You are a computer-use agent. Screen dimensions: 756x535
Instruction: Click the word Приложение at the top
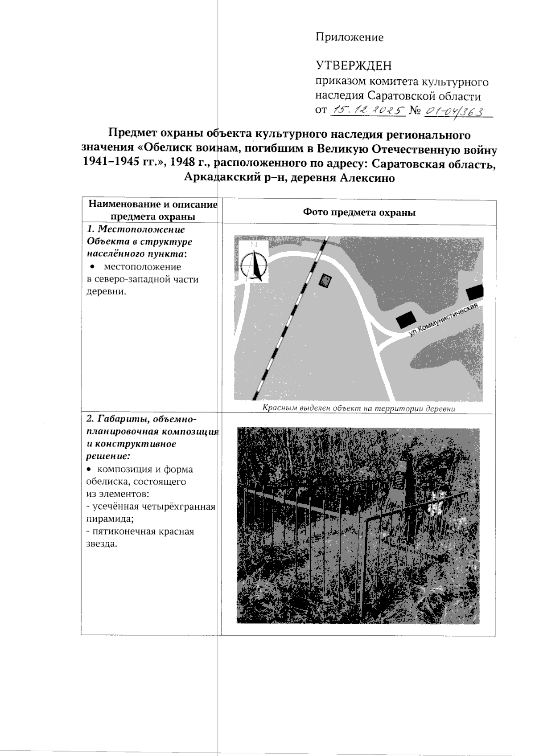[x=350, y=37]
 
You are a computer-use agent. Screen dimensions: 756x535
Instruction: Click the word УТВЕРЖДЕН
[x=354, y=66]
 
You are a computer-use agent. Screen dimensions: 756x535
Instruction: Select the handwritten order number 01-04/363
[x=455, y=110]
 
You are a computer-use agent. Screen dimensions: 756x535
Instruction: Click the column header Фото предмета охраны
[x=359, y=212]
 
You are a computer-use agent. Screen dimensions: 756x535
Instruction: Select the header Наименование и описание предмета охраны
[x=153, y=210]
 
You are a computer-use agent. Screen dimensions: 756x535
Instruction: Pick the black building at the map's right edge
[x=475, y=293]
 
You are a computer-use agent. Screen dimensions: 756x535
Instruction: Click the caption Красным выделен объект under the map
[x=358, y=408]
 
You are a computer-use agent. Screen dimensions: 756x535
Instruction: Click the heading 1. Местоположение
[x=136, y=229]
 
